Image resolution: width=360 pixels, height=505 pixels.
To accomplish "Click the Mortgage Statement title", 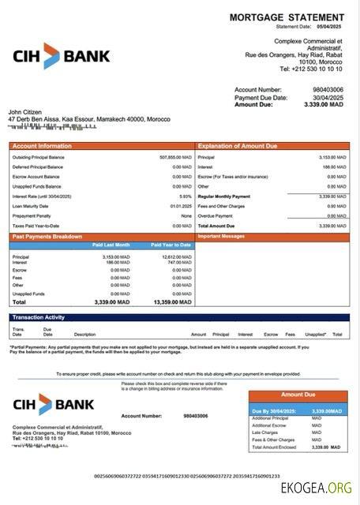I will (x=287, y=17).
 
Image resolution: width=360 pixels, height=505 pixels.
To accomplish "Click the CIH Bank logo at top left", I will (x=62, y=56).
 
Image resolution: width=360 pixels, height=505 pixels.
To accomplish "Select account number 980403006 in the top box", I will (x=327, y=90).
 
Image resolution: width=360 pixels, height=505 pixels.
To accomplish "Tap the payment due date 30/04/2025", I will (x=326, y=97).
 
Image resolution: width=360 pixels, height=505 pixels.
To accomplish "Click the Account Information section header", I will (x=37, y=146).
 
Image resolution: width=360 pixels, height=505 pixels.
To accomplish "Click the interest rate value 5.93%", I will (x=186, y=196).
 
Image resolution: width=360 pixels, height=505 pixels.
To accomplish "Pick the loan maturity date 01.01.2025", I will (x=181, y=206).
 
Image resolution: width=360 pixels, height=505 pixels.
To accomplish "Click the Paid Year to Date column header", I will (x=171, y=245).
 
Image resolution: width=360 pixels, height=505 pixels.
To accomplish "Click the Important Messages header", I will (x=221, y=236).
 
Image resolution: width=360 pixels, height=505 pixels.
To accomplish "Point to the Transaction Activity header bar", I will (x=179, y=317).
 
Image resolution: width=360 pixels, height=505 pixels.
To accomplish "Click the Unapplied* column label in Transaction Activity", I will (x=315, y=334).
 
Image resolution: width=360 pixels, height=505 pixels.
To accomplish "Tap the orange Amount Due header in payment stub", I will (x=298, y=395).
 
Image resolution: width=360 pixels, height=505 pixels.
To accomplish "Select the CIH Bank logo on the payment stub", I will (x=54, y=405).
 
